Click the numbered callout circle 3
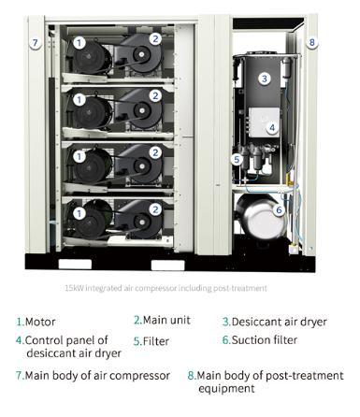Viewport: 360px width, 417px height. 265,79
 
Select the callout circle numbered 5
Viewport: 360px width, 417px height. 238,159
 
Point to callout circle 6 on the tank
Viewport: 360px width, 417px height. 279,210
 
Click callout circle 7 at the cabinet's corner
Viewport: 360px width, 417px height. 35,43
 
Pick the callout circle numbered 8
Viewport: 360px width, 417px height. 312,42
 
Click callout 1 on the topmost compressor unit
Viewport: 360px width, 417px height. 79,42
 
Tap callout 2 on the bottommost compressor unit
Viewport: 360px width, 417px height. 155,214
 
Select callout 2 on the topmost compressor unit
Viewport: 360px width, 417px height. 155,38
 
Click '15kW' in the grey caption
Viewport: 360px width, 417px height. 75,288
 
